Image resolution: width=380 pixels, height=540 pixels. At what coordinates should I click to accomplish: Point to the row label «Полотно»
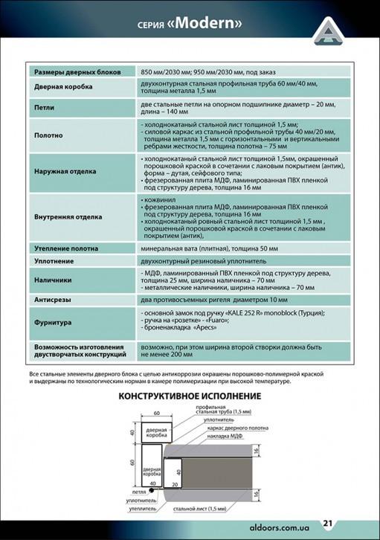coord(48,137)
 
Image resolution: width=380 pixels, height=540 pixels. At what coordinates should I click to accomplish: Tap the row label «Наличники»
coord(53,280)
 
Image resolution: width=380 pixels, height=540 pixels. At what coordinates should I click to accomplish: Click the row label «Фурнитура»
coord(53,323)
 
